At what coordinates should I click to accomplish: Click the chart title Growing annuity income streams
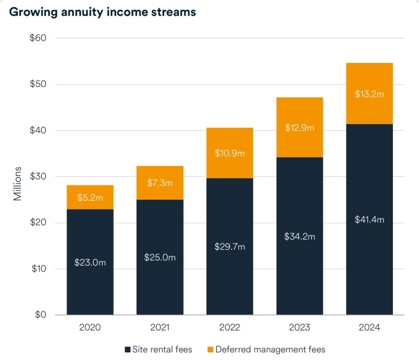(102, 12)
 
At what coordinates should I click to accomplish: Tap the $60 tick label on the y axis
(38, 38)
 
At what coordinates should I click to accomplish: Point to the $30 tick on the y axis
(38, 176)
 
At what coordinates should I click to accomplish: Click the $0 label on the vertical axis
(40, 315)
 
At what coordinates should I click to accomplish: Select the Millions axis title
(17, 184)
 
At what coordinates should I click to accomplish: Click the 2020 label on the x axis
(90, 327)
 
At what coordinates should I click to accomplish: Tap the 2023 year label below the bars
(300, 327)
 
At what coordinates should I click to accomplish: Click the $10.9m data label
(230, 153)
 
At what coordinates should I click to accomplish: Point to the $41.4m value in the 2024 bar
(369, 220)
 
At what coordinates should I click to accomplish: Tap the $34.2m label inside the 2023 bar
(300, 237)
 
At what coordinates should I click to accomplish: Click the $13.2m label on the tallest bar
(369, 94)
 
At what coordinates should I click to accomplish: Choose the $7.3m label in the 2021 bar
(160, 183)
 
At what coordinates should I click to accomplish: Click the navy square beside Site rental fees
(128, 349)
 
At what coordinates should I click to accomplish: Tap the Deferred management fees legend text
(270, 349)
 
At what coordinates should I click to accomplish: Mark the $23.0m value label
(90, 263)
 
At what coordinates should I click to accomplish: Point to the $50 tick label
(38, 84)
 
